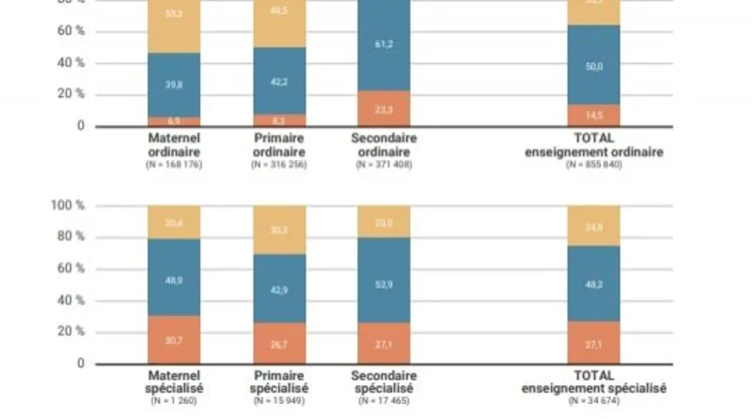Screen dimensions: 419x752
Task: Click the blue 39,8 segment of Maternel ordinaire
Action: pos(174,85)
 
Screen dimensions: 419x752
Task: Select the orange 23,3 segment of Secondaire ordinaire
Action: pos(384,108)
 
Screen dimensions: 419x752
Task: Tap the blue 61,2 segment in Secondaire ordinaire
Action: pos(384,45)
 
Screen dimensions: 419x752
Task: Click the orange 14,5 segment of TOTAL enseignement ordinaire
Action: pos(594,115)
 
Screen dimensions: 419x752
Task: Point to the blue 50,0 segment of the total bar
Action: pos(594,64)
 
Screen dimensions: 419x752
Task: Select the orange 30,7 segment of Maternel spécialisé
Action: pos(174,339)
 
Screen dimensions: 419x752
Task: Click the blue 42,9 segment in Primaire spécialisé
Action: pos(279,289)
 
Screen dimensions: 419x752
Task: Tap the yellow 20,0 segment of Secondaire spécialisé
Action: pos(384,221)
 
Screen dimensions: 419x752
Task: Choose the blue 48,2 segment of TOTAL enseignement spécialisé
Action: pos(594,282)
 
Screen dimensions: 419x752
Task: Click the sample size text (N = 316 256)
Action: pos(279,166)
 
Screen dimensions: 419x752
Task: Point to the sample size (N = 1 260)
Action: pos(174,401)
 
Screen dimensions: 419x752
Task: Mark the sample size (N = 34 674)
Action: pos(594,401)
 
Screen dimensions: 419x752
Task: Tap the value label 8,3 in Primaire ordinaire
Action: pos(279,121)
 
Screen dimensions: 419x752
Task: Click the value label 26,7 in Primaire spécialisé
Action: pos(279,344)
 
